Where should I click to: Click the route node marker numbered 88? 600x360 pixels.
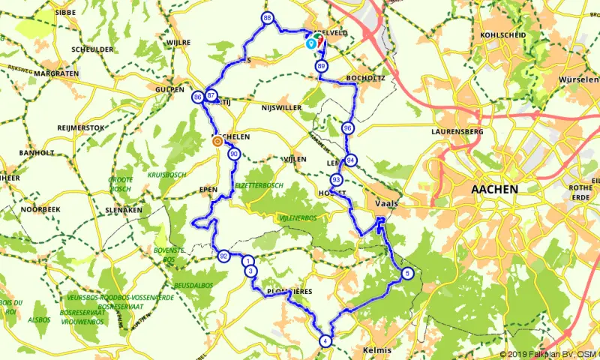[x=267, y=18]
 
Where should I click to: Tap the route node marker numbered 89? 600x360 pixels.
[x=321, y=67]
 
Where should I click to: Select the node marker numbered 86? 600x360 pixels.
[x=197, y=97]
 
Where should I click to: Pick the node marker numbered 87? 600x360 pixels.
[x=211, y=96]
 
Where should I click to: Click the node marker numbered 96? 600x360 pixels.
[x=347, y=128]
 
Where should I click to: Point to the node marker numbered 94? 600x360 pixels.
[x=350, y=159]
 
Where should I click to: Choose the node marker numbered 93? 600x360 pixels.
[x=336, y=180]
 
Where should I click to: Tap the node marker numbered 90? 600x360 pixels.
[x=234, y=154]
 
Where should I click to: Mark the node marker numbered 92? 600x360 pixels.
[x=223, y=256]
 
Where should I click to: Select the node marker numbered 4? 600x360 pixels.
[x=325, y=340]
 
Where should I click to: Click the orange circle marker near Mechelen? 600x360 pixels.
[x=217, y=140]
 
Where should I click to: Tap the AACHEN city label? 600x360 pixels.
[x=493, y=190]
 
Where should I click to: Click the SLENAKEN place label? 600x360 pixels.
[x=124, y=210]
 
